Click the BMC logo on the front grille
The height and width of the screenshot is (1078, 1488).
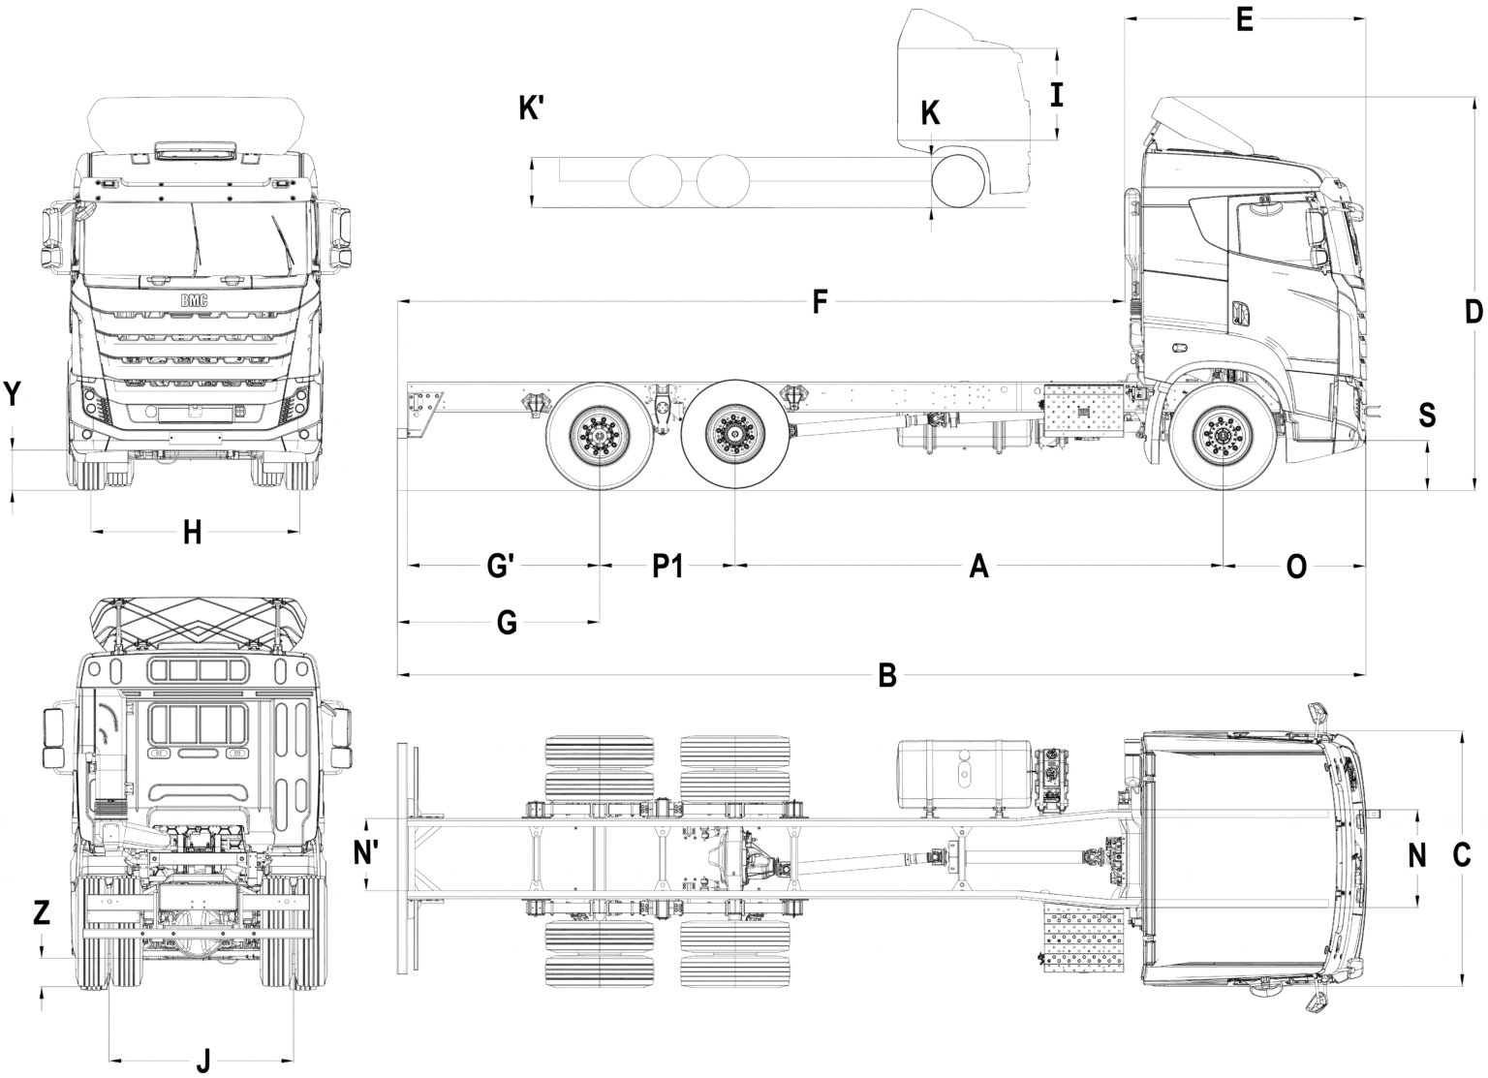(x=194, y=301)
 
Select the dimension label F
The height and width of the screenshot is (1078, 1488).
(x=819, y=303)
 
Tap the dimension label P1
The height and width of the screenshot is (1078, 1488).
(x=667, y=566)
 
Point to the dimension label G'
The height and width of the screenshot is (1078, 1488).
(x=500, y=566)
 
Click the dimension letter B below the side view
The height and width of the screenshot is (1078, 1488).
(x=886, y=675)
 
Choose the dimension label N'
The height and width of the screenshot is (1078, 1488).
(x=366, y=853)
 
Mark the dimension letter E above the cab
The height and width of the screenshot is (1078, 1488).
(x=1245, y=19)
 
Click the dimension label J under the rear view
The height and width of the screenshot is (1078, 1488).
(x=202, y=1062)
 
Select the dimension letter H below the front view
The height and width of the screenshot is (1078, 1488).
(x=193, y=532)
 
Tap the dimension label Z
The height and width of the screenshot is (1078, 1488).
(x=41, y=912)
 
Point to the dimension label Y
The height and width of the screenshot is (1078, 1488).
(x=13, y=394)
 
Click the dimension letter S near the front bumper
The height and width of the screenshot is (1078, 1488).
(x=1427, y=415)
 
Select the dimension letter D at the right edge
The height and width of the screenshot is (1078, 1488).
(x=1473, y=312)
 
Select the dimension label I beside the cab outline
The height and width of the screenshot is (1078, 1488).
(x=1057, y=95)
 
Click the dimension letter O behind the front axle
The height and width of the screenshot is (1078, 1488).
(x=1296, y=566)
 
